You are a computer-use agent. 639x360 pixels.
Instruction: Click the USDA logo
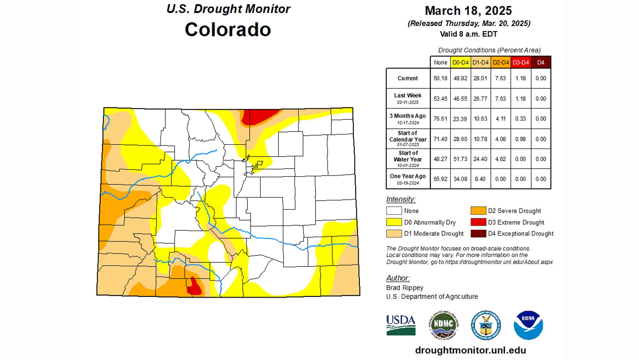pyautogui.click(x=401, y=325)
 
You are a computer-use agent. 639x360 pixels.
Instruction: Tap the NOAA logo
pyautogui.click(x=528, y=325)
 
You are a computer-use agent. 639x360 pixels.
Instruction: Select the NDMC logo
pyautogui.click(x=443, y=325)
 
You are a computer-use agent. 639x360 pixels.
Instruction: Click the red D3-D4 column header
pyautogui.click(x=521, y=63)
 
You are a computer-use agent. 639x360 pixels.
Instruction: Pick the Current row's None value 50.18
pyautogui.click(x=440, y=78)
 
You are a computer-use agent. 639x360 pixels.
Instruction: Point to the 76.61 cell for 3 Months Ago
pyautogui.click(x=440, y=119)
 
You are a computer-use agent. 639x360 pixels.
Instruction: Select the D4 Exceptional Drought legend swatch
pyautogui.click(x=478, y=234)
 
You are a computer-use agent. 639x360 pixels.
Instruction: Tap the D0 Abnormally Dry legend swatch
pyautogui.click(x=394, y=222)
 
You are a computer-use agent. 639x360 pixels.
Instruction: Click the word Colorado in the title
pyautogui.click(x=228, y=29)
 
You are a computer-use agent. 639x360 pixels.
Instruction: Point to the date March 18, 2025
pyautogui.click(x=468, y=11)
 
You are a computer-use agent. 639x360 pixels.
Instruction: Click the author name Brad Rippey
pyautogui.click(x=404, y=288)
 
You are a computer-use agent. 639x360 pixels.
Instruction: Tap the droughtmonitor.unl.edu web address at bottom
pyautogui.click(x=470, y=350)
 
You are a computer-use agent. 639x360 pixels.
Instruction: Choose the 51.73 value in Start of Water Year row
pyautogui.click(x=460, y=159)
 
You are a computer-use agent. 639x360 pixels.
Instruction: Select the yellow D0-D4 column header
pyautogui.click(x=460, y=63)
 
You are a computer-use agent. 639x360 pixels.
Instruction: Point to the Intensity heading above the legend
pyautogui.click(x=401, y=199)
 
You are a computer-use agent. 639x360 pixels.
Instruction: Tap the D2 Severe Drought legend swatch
pyautogui.click(x=478, y=211)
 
